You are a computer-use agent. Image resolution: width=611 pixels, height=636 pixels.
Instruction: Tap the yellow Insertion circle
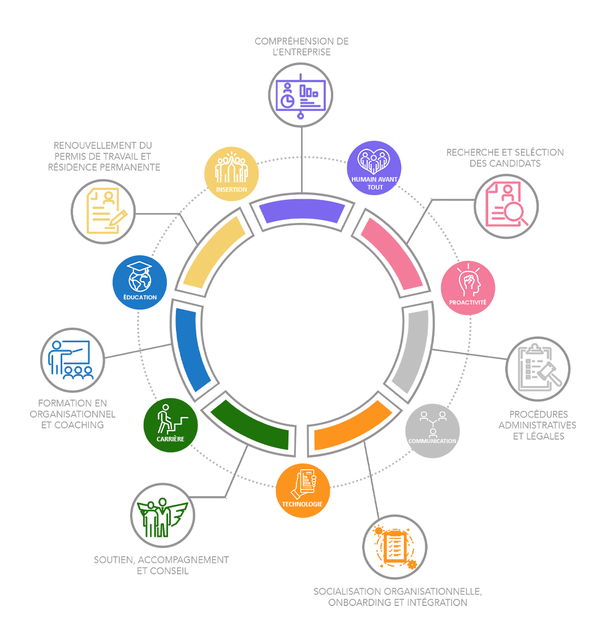[x=231, y=175]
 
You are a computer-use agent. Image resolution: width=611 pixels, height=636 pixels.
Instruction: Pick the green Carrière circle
[x=170, y=425]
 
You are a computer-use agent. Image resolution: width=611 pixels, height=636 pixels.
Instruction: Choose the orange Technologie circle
[x=303, y=490]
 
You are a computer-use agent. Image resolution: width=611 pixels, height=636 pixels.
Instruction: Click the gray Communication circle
[x=433, y=431]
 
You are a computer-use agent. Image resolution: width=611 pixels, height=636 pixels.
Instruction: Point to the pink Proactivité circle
[x=468, y=287]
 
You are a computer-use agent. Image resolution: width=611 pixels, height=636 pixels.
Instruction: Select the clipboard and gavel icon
[x=538, y=368]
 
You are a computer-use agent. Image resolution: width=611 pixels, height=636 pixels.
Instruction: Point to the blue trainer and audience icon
[x=72, y=360]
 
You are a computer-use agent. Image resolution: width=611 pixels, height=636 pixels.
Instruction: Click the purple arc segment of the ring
[x=302, y=212]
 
